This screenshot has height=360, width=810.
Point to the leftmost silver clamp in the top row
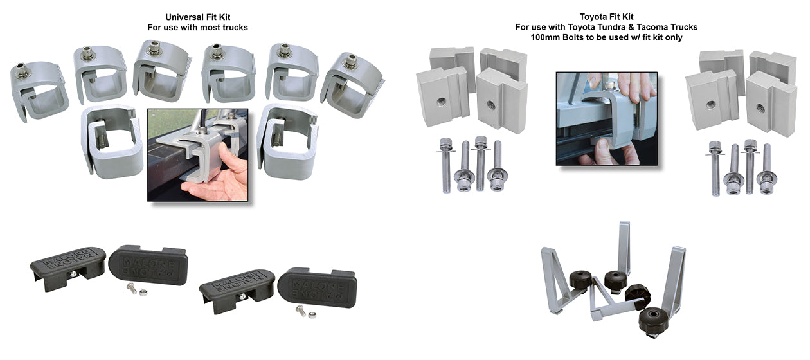[x=37, y=90]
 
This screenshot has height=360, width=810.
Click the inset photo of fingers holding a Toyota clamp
[x=606, y=118]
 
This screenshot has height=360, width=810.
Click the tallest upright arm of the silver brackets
[x=624, y=248]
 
